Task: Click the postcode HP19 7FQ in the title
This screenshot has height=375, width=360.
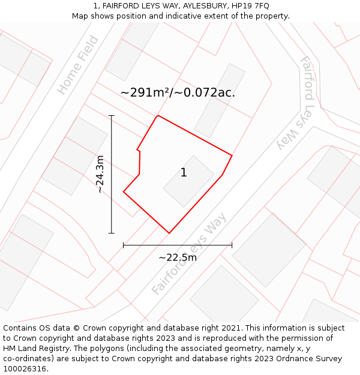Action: click(248, 6)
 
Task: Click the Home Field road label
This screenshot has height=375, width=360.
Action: click(78, 65)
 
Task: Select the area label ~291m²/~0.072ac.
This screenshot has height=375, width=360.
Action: click(178, 92)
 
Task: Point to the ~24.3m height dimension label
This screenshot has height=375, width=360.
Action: click(100, 174)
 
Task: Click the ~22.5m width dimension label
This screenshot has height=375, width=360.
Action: click(178, 257)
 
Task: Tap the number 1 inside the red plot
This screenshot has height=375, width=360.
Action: click(184, 173)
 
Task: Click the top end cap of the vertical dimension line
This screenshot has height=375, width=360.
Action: click(111, 115)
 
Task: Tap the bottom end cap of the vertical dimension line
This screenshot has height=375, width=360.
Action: click(111, 233)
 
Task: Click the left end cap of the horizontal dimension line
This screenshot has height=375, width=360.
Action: click(124, 245)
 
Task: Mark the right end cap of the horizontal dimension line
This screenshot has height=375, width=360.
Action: click(232, 245)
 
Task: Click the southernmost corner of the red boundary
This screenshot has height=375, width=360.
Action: click(169, 233)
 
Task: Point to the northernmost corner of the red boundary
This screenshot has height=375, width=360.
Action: click(158, 116)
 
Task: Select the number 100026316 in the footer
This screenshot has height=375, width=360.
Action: click(24, 369)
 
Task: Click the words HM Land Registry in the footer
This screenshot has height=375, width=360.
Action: click(31, 349)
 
